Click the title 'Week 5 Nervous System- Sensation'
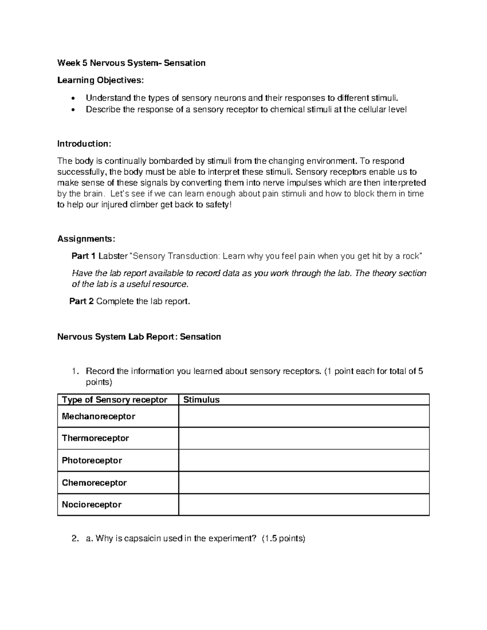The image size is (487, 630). (131, 63)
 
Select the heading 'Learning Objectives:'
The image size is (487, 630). (100, 80)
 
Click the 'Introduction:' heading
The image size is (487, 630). (84, 144)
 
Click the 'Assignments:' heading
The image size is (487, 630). (86, 239)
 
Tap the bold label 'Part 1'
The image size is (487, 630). (83, 256)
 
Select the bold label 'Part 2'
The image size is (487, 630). (81, 301)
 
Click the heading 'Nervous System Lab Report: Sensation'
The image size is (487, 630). (139, 337)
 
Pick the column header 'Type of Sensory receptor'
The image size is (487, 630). (114, 400)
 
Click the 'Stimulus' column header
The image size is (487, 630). (201, 400)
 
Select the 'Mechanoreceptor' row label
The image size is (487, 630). (98, 416)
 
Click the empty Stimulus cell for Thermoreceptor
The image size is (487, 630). (304, 438)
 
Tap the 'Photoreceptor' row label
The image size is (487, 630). (92, 460)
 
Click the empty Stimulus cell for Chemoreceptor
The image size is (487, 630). (304, 483)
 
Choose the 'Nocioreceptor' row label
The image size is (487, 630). (91, 505)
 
